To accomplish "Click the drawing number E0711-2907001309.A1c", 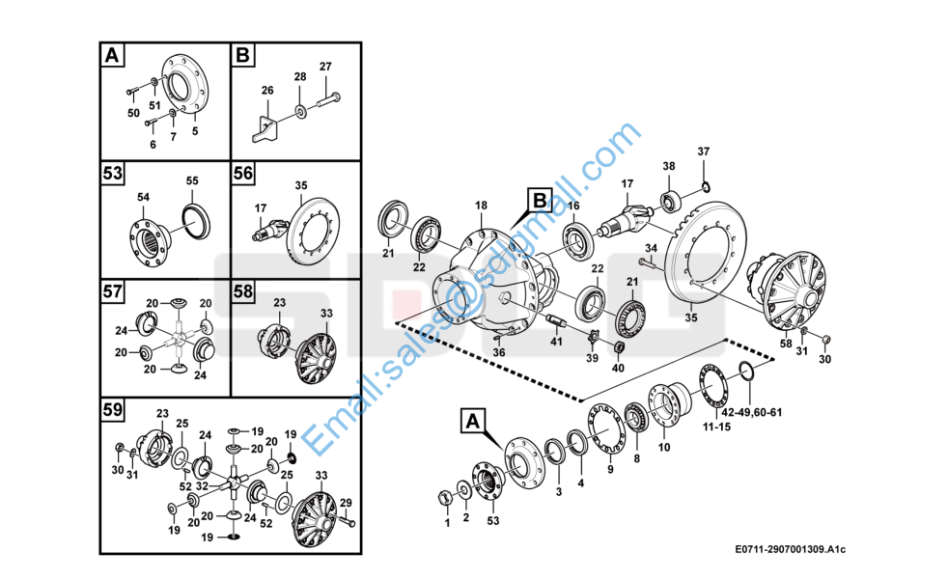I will tap(790, 550).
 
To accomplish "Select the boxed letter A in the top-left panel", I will tap(113, 56).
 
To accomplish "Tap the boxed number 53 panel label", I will tap(113, 174).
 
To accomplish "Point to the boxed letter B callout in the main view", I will tap(539, 201).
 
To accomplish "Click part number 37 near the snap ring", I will tap(703, 152).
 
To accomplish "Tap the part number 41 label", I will tap(556, 341).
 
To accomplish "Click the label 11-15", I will tap(715, 425).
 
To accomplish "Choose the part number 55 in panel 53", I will tap(191, 180).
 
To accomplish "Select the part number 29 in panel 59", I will tap(345, 503).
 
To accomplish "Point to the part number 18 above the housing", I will tap(481, 206).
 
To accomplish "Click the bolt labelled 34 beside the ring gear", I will tap(644, 261).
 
